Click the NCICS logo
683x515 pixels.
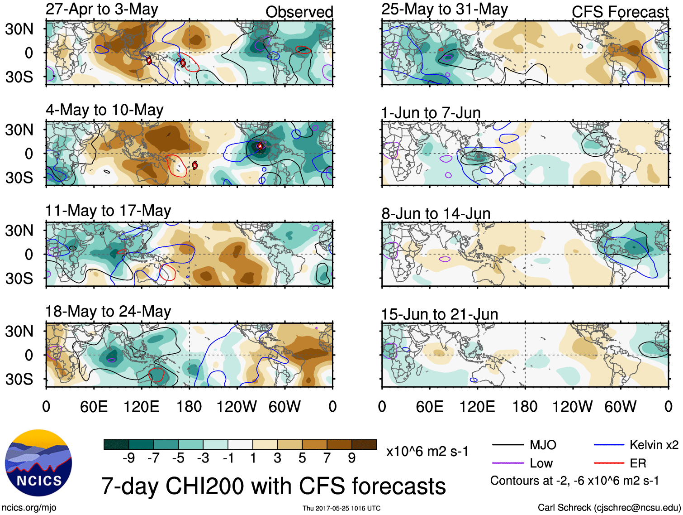[38, 462]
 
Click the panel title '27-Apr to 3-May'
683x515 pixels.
[102, 10]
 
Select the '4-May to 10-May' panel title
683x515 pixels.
[104, 110]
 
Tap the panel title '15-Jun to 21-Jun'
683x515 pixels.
[439, 314]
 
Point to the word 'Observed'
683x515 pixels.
[299, 12]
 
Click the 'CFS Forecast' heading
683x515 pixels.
[620, 12]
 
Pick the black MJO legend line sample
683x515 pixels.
[508, 445]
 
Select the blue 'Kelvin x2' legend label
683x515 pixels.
[654, 445]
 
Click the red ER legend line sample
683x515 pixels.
[609, 463]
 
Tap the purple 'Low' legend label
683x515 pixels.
[541, 463]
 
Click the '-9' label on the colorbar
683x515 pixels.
[128, 458]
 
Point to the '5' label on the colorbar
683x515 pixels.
[302, 458]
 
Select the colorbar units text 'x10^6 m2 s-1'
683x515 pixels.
[427, 451]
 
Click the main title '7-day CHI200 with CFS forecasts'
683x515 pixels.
[273, 486]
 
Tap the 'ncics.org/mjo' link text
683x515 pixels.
[29, 507]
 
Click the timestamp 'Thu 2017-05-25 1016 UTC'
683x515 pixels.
[341, 508]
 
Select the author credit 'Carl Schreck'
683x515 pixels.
[564, 507]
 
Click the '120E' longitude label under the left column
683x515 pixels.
[142, 406]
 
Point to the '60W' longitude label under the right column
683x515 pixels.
[620, 406]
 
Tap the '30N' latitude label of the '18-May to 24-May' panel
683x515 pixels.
[19, 331]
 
